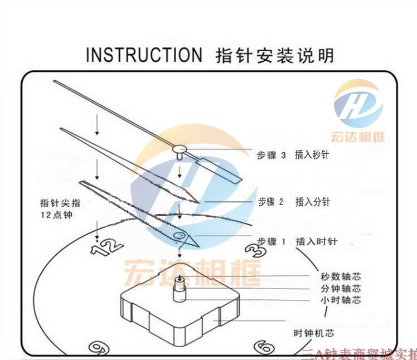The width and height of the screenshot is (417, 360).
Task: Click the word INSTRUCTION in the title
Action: pyautogui.click(x=144, y=55)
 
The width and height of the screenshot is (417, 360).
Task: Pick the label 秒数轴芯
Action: pyautogui.click(x=341, y=276)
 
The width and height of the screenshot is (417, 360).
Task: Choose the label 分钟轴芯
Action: pyautogui.click(x=341, y=288)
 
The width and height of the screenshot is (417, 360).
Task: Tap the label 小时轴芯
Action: pyautogui.click(x=341, y=300)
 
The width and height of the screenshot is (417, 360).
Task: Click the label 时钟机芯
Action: pyautogui.click(x=314, y=333)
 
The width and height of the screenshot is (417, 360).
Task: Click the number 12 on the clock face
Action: pyautogui.click(x=106, y=247)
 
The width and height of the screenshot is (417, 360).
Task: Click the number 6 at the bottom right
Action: pyautogui.click(x=263, y=347)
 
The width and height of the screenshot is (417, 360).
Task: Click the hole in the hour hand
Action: pyautogui.click(x=180, y=236)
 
